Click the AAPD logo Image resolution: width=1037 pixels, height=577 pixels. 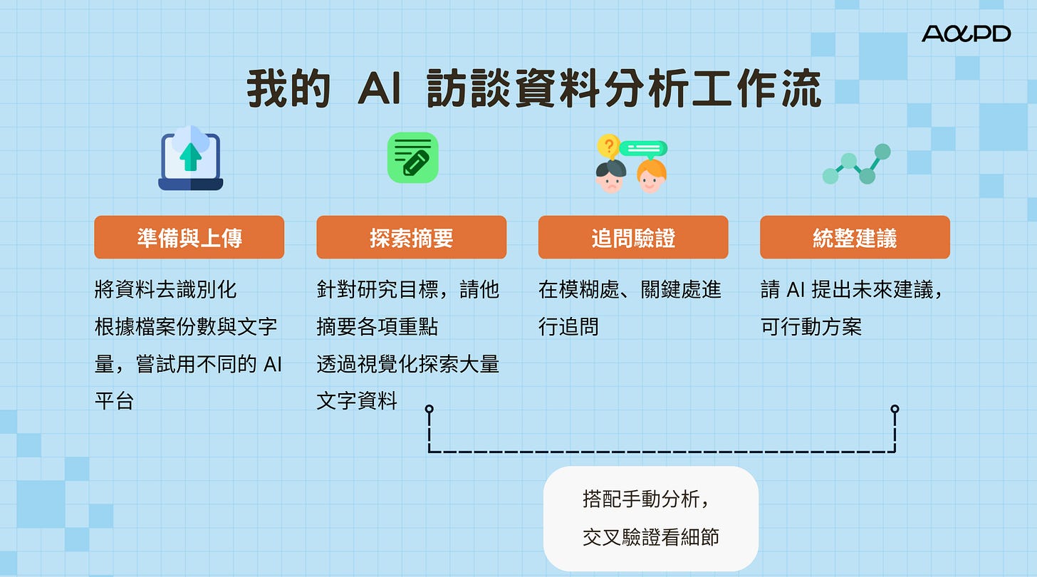point(966,33)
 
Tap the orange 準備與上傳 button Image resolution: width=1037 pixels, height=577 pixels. point(189,237)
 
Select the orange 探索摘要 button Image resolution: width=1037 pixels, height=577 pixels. point(411,237)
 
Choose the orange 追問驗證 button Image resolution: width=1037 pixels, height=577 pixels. point(633,237)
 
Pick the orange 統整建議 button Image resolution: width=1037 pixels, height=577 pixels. point(855,237)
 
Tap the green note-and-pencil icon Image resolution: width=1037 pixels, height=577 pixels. point(412,157)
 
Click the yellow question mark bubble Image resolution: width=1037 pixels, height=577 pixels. point(608,147)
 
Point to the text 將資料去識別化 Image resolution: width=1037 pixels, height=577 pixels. point(165,289)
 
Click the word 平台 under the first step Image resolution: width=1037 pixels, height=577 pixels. point(114,401)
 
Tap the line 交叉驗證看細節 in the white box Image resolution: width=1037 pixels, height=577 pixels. point(650,536)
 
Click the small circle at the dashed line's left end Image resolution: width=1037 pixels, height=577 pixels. point(429,409)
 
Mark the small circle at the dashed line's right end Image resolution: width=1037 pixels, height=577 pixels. point(895,409)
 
